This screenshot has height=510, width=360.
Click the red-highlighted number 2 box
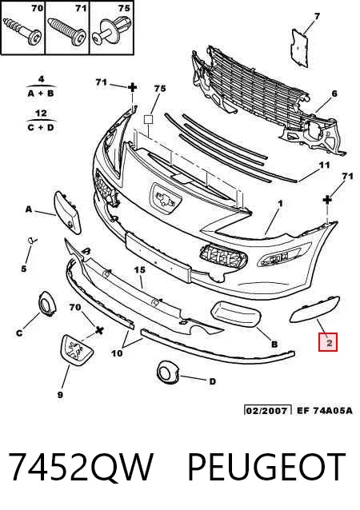(328, 342)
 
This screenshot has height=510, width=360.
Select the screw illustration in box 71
(67, 32)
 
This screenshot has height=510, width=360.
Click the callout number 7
(317, 16)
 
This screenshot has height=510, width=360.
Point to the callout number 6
(334, 94)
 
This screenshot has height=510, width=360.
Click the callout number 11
(324, 165)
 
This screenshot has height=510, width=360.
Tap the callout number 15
(140, 270)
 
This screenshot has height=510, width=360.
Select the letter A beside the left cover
(29, 209)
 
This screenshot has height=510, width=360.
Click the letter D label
(212, 381)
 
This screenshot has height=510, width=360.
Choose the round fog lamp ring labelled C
(47, 304)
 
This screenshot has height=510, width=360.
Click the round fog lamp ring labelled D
(168, 372)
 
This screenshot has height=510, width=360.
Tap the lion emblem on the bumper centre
(166, 199)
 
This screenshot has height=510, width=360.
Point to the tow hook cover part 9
(77, 349)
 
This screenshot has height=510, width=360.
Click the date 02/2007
(267, 410)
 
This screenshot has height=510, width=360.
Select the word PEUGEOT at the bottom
(267, 468)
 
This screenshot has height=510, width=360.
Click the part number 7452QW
(80, 468)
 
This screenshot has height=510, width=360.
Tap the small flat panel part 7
(299, 47)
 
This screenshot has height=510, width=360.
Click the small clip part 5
(31, 241)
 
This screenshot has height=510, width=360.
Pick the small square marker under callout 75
(149, 120)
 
